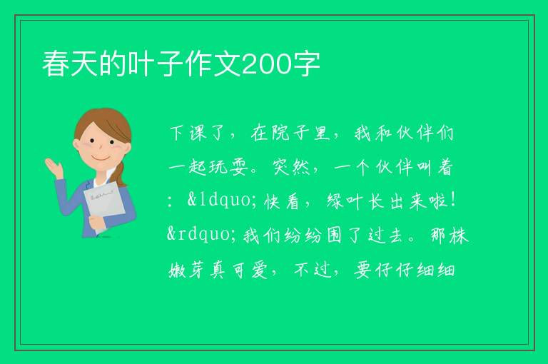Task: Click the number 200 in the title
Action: pos(266,64)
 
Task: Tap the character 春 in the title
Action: pos(56,64)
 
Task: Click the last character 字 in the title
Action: pos(307,64)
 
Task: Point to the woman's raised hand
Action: pos(54,167)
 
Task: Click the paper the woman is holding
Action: pos(104,206)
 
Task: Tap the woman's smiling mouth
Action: pos(101,157)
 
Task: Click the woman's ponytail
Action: pos(121,173)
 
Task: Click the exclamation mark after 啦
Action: pos(453,201)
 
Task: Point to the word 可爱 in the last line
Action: pos(250,271)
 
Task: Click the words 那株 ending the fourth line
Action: pos(449,236)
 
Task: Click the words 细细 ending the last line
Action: pos(436,271)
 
